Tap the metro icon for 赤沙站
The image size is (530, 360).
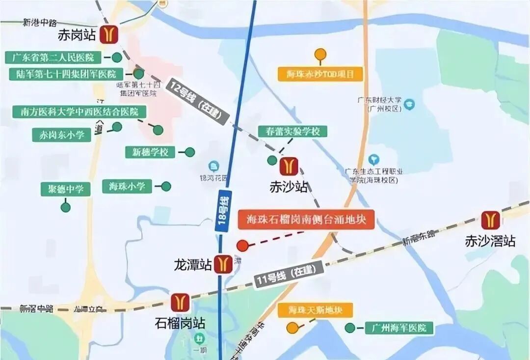(x=288, y=166)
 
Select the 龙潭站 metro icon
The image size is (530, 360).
(x=224, y=264)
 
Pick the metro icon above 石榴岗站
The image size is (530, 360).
(x=180, y=303)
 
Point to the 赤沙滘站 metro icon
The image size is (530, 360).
(x=490, y=221)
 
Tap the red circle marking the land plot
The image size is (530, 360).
(x=242, y=245)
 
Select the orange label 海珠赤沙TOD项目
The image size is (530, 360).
(x=320, y=74)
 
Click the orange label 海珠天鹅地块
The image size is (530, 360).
(x=315, y=310)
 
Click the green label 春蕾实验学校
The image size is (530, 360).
(x=292, y=132)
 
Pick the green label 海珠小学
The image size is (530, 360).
(x=127, y=186)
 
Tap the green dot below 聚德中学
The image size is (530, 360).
(x=66, y=207)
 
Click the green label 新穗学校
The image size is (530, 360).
(x=150, y=152)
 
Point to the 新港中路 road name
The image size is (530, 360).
(x=40, y=22)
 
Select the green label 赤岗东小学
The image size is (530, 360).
(x=62, y=135)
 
